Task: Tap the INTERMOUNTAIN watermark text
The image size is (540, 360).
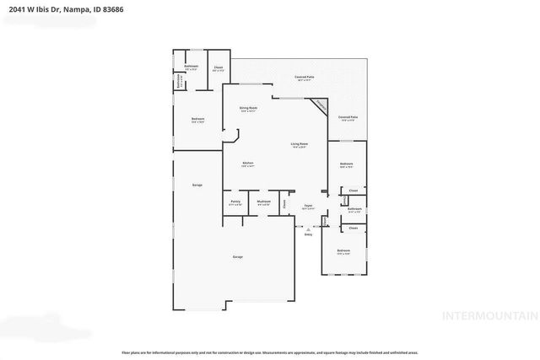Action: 489,315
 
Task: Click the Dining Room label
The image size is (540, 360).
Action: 247,108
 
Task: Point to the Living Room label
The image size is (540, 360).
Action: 299,144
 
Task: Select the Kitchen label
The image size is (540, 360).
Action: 248,163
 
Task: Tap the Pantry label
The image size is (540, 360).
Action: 235,201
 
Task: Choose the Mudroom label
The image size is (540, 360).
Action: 263,201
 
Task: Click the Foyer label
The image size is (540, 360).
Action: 309,204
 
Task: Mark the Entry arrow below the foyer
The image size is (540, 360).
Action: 308,229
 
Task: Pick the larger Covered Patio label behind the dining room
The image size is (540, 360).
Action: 304,77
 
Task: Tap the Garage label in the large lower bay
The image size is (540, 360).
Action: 238,256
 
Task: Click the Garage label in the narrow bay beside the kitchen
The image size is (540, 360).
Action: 197,185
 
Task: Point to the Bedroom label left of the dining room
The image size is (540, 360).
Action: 197,119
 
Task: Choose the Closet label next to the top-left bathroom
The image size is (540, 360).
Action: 218,67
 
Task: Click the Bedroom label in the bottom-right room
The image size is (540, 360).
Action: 343,250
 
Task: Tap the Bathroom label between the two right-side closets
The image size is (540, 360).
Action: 355,208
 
